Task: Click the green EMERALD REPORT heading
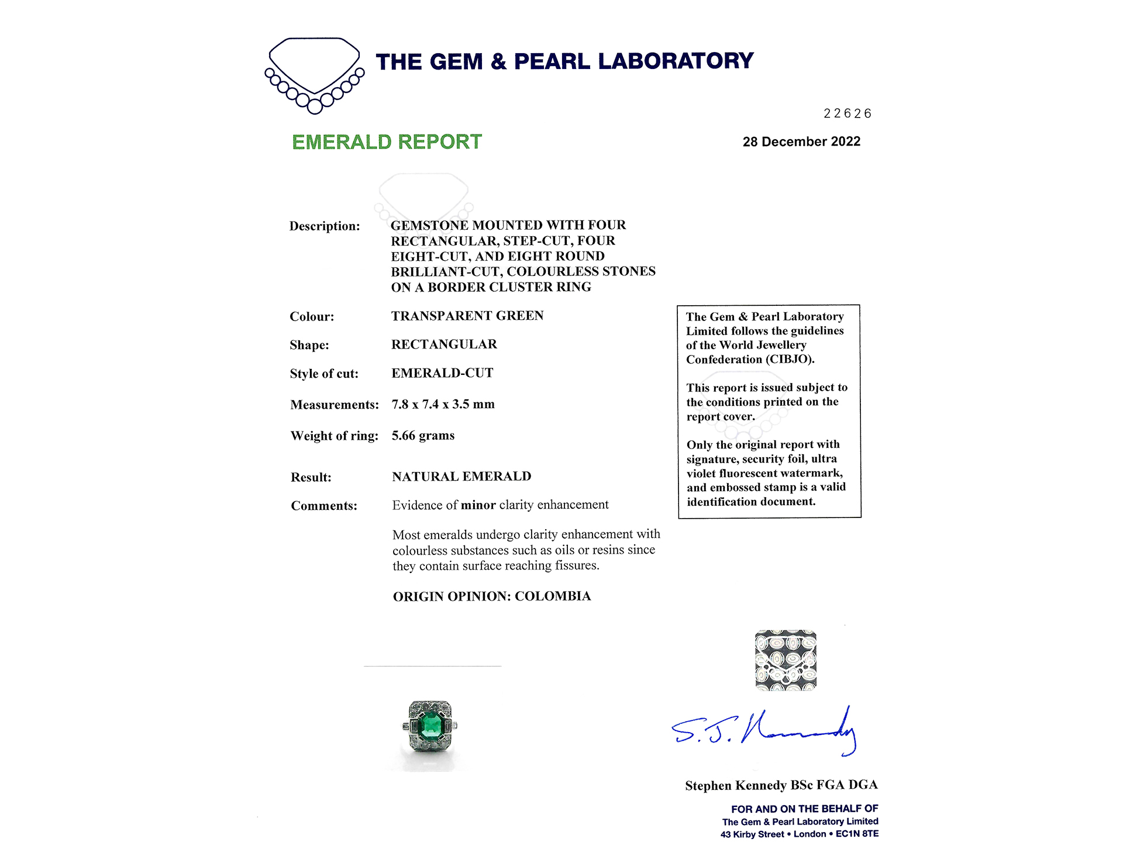click(x=387, y=142)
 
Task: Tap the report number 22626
click(x=847, y=113)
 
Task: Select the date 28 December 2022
click(x=801, y=142)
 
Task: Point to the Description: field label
click(x=325, y=226)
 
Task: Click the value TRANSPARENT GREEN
click(x=467, y=316)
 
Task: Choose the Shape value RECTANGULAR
click(x=444, y=344)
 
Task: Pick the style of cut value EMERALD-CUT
click(x=442, y=373)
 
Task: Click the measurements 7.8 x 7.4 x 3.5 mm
click(x=443, y=405)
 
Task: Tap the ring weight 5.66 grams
click(x=423, y=436)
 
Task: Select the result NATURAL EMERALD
click(x=461, y=477)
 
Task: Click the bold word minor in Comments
click(x=478, y=505)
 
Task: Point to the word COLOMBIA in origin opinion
click(x=553, y=596)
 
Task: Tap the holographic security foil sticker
click(x=786, y=660)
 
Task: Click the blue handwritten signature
click(x=764, y=731)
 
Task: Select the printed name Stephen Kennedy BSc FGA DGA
click(x=781, y=785)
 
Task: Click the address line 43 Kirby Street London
click(x=799, y=834)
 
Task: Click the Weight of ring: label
click(x=334, y=436)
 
